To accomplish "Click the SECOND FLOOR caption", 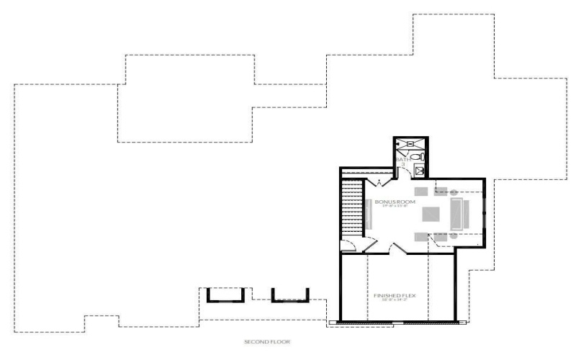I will [266, 341].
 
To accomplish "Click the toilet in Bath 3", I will [421, 156].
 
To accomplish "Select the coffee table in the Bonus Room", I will [431, 215].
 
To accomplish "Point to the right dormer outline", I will [289, 294].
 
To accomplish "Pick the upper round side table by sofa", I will [454, 191].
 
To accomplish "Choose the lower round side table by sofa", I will [454, 235].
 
